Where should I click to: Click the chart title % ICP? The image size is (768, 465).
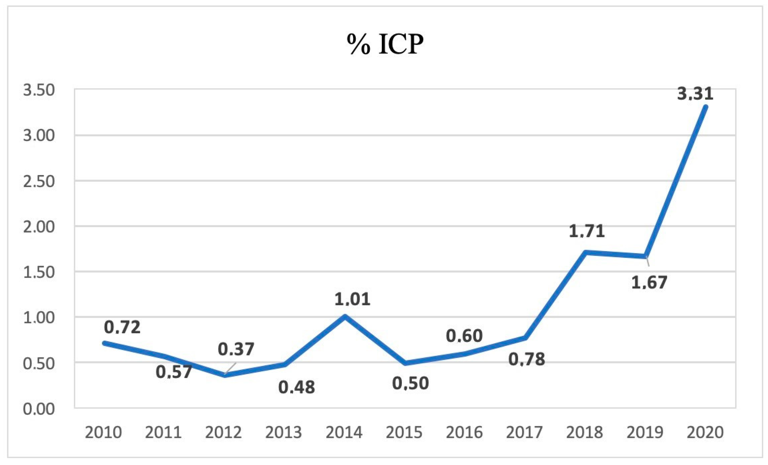point(385,44)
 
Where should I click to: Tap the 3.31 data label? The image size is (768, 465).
point(695,94)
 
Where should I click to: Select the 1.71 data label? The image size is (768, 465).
point(587,231)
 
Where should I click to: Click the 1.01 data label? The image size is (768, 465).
point(352,299)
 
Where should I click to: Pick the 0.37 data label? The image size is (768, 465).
point(236,349)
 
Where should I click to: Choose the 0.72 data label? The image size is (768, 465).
point(122,327)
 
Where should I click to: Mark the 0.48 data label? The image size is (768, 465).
point(296,387)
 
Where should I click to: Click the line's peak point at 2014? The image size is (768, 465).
point(345,317)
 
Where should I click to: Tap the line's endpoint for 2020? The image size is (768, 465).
point(706,107)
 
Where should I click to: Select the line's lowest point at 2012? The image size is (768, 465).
point(225,375)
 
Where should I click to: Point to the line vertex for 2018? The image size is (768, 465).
point(585,253)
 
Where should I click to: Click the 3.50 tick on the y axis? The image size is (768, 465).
point(39,90)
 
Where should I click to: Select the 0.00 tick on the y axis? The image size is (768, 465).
point(39,409)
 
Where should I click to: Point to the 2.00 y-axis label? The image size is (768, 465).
point(39,227)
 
